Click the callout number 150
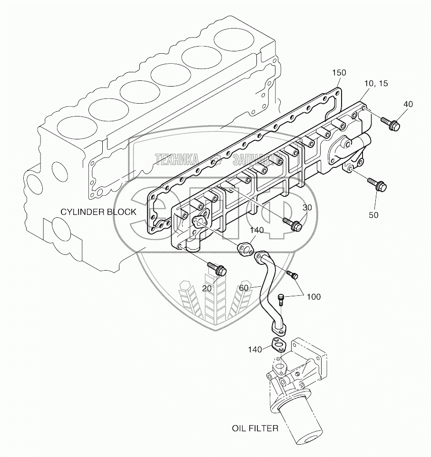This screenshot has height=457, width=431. (339, 73)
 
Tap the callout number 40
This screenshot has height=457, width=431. (408, 104)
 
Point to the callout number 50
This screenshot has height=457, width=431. (373, 215)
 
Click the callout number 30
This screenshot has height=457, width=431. (307, 207)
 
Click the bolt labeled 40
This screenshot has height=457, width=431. (391, 125)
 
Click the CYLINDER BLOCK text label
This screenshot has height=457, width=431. (98, 212)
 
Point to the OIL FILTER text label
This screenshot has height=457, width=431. (255, 428)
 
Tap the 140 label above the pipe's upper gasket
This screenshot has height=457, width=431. (257, 230)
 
